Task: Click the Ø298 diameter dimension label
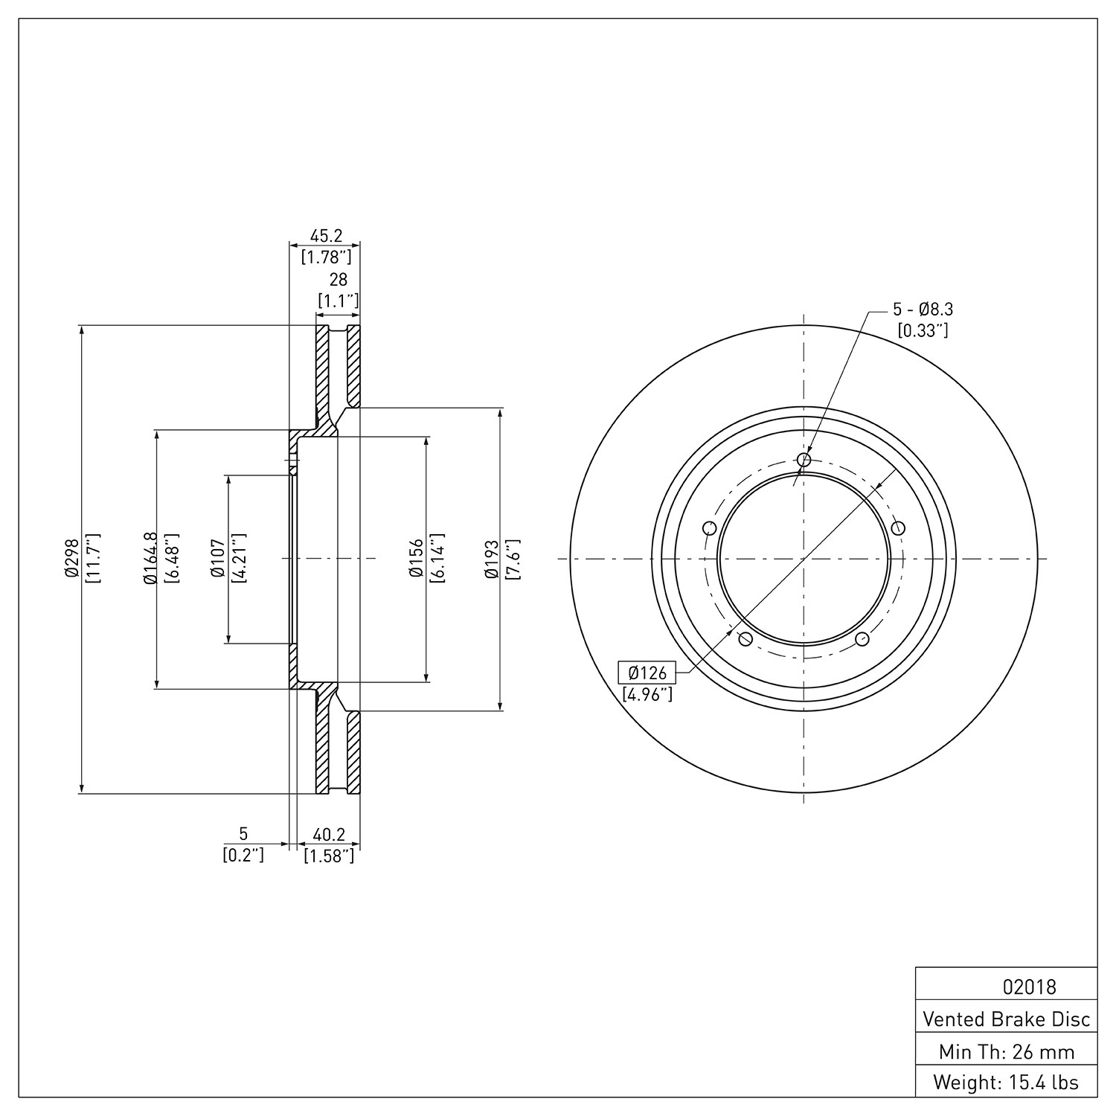point(71,559)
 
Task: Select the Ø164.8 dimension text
point(150,559)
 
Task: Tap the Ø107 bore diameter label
point(217,559)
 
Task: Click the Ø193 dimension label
point(490,559)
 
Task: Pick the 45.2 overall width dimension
point(326,236)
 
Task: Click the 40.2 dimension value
point(328,835)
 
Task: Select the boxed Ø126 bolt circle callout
point(647,673)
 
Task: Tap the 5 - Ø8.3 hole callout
point(923,309)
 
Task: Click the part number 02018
point(1029,987)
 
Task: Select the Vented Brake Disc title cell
point(1007,1019)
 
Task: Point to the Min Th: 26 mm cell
point(1007,1051)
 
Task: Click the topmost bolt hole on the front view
point(804,460)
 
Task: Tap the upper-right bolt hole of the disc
point(898,528)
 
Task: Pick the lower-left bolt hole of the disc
point(745,639)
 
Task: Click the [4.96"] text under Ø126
point(647,695)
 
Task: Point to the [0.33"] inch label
point(923,330)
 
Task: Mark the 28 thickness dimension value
point(339,280)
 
